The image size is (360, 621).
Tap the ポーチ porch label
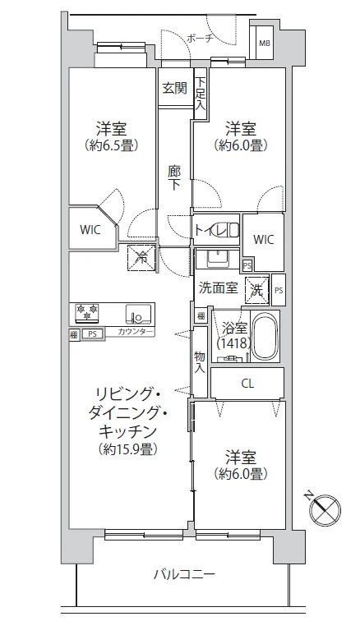coord(200,38)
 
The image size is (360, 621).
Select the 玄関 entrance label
coord(173,88)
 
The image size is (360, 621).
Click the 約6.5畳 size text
coord(111,145)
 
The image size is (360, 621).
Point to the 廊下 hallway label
coord(174,178)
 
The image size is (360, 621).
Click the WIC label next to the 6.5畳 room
coord(90,230)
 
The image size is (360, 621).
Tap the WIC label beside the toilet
coord(263,239)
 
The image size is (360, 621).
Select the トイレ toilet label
coord(208,229)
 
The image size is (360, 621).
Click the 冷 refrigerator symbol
coord(141,258)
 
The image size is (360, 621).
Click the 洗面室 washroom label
coord(218,288)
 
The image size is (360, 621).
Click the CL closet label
coord(247,383)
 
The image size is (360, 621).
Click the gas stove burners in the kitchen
coord(87,313)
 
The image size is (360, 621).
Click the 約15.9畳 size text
coord(126,448)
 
